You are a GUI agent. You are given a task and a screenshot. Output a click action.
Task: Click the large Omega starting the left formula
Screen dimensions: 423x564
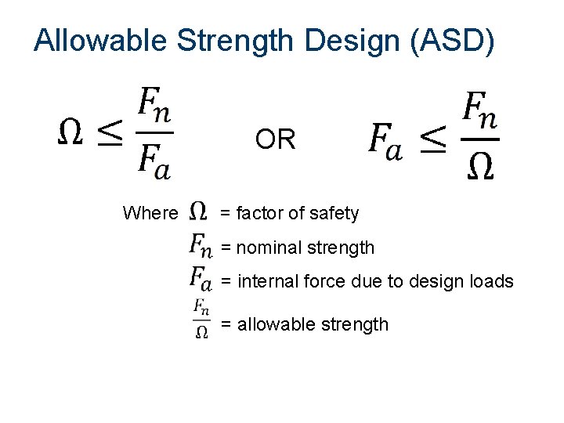(x=71, y=134)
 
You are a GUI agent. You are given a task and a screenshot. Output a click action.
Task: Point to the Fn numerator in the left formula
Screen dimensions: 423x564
(x=155, y=106)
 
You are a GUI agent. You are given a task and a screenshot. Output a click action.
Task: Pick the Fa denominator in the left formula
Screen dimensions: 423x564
(x=154, y=161)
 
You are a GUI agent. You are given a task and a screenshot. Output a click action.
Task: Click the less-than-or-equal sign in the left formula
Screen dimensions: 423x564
(x=110, y=134)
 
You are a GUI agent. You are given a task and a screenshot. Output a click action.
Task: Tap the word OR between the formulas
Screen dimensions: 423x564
(x=275, y=140)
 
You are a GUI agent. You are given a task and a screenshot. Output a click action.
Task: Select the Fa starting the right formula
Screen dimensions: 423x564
(x=386, y=142)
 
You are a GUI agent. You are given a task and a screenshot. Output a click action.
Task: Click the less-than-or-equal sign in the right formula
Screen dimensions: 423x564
(x=433, y=141)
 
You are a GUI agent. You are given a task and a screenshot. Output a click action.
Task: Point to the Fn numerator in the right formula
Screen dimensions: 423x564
(x=480, y=110)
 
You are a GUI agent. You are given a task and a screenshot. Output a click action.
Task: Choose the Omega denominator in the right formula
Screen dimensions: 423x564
(x=480, y=167)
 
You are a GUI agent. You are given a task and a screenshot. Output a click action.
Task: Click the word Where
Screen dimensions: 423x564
(x=150, y=213)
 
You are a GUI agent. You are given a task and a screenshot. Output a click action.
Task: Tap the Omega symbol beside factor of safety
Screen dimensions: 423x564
(x=200, y=211)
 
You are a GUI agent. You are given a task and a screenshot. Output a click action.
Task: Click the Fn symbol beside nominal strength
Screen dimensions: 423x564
(x=201, y=247)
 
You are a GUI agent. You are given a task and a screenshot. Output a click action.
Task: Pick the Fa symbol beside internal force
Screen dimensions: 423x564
(x=201, y=279)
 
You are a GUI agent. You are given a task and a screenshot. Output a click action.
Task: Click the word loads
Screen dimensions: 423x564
(x=491, y=281)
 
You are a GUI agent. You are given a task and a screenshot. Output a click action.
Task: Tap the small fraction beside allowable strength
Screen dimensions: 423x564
(x=201, y=317)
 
